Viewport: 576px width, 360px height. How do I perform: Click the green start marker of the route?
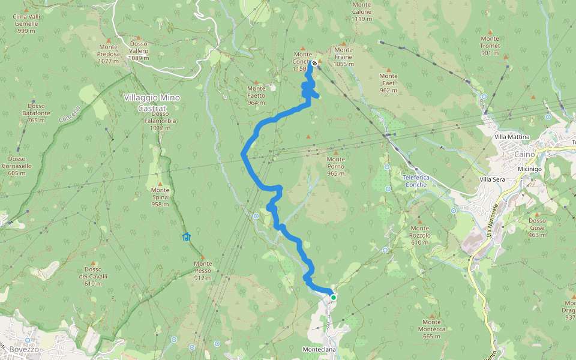334,297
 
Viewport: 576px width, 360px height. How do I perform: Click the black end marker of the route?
314,63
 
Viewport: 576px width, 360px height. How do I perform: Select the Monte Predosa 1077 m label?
109,54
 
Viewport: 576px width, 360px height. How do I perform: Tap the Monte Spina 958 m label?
160,197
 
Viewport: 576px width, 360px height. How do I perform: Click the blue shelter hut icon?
186,236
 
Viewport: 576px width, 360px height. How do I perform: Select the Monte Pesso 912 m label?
203,271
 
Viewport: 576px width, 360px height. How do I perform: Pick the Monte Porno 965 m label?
336,166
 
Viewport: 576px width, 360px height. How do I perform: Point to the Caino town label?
522,154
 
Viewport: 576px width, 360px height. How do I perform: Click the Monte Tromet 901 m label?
490,45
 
